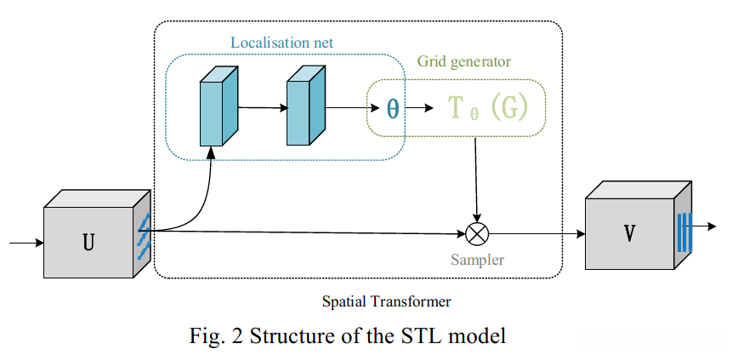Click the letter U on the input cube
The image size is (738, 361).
pyautogui.click(x=88, y=242)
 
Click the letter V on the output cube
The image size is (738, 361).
pyautogui.click(x=629, y=232)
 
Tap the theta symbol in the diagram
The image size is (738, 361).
pyautogui.click(x=392, y=108)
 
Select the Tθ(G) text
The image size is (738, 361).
pyautogui.click(x=488, y=108)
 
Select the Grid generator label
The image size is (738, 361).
pyautogui.click(x=463, y=62)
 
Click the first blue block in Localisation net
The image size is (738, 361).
pyautogui.click(x=216, y=109)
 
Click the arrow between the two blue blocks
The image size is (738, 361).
pyautogui.click(x=263, y=108)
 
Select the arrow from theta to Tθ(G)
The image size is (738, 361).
pyautogui.click(x=421, y=108)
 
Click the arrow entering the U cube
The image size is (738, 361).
pyautogui.click(x=26, y=243)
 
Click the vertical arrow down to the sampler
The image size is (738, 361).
pyautogui.click(x=479, y=179)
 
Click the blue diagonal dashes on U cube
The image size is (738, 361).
pyautogui.click(x=144, y=236)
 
